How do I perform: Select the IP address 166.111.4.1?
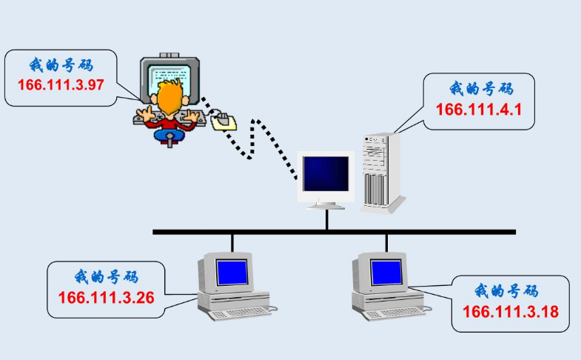click(x=480, y=110)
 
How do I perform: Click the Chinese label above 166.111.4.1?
click(x=480, y=90)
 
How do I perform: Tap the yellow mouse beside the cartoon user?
click(x=224, y=121)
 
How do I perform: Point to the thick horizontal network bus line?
click(x=333, y=232)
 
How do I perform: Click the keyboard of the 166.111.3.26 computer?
click(x=241, y=313)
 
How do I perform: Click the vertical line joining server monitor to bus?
click(x=326, y=220)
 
